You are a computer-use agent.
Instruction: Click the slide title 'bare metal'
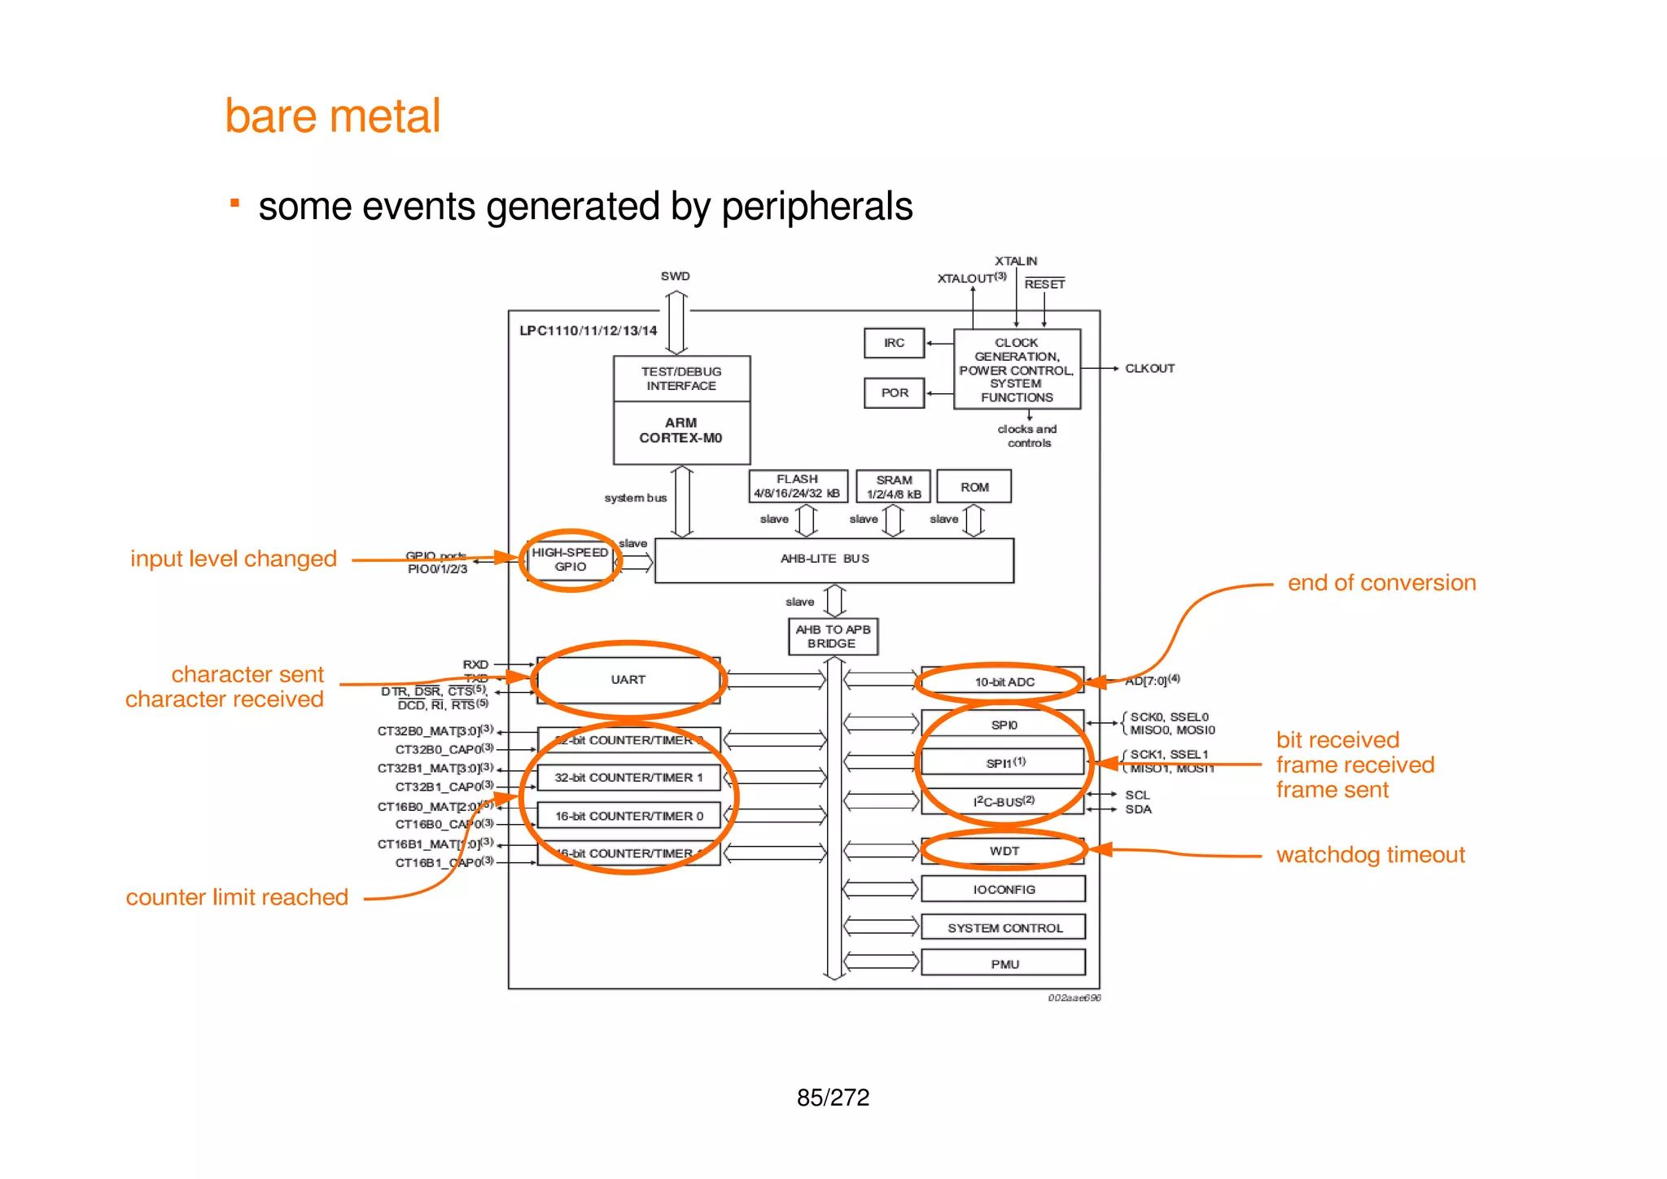click(332, 116)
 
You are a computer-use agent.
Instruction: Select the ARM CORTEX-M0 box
click(681, 432)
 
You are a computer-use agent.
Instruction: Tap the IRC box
click(894, 343)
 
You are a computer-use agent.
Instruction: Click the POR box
click(894, 392)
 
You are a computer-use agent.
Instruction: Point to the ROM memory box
click(974, 487)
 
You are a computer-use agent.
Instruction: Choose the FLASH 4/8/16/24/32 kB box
click(798, 486)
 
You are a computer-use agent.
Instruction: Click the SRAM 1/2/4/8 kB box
click(893, 487)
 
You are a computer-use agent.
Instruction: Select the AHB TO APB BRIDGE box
click(833, 636)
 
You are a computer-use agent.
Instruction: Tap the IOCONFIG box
click(1003, 889)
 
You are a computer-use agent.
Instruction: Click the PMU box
click(1004, 963)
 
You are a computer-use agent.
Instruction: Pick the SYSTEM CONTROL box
click(1004, 927)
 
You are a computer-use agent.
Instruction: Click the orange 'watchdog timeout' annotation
click(1370, 855)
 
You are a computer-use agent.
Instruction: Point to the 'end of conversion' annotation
click(1381, 583)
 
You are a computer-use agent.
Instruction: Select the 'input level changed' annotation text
click(234, 559)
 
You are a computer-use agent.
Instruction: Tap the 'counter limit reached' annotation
click(237, 897)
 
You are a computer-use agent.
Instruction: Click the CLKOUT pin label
click(1149, 368)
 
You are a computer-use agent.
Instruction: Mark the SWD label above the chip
click(675, 276)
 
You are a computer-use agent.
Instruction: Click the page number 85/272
click(833, 1098)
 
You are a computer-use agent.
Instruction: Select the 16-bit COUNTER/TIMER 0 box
click(628, 816)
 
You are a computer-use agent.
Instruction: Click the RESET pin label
click(1044, 284)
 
